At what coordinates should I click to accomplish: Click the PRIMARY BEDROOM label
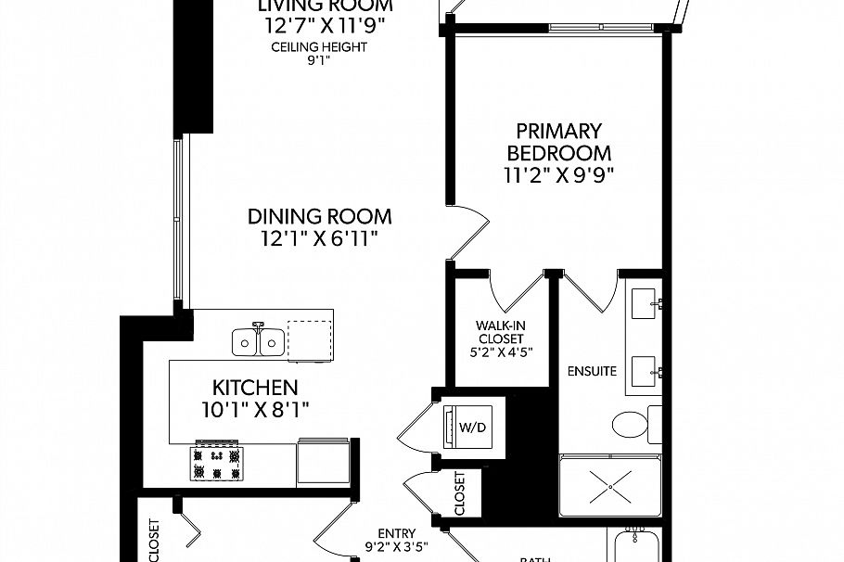pos(558,142)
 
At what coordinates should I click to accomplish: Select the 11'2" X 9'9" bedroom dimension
pos(558,173)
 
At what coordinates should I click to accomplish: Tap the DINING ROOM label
pos(319,216)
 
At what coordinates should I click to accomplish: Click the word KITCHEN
pos(255,388)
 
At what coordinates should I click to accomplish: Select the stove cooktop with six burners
pos(216,464)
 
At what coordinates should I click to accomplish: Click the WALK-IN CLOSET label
pos(502,332)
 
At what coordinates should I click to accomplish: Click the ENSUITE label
pos(592,372)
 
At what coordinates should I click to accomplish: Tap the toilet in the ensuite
pos(633,426)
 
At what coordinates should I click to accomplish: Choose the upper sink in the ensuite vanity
pos(646,304)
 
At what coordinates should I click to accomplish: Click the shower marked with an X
pos(610,484)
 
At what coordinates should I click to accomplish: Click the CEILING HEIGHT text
pos(319,47)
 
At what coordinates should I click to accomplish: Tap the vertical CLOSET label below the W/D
pos(461,493)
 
